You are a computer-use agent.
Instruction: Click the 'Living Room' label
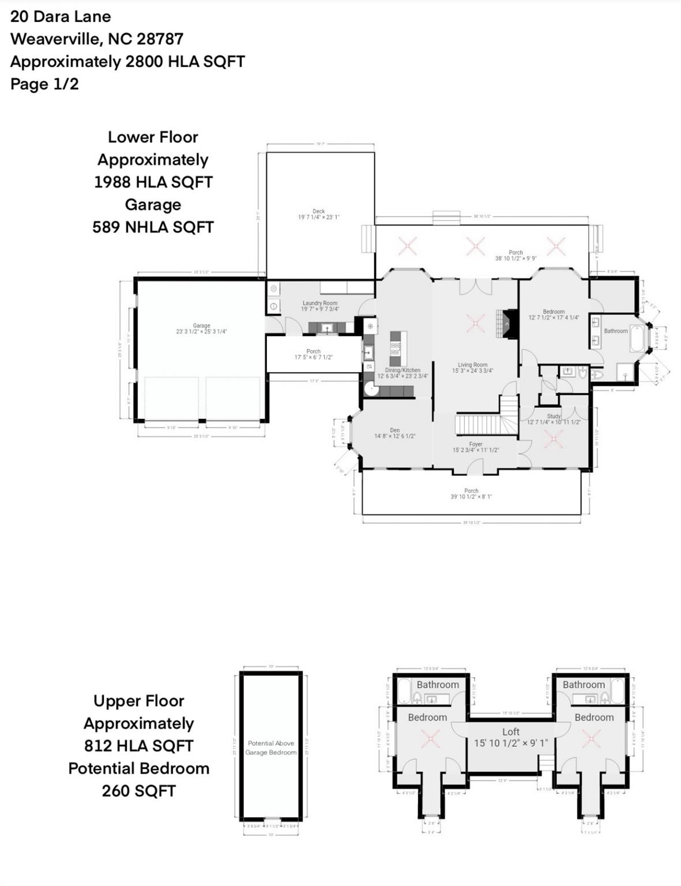click(x=472, y=365)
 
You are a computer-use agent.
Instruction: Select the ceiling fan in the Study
click(x=553, y=440)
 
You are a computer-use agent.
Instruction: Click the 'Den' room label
click(x=394, y=430)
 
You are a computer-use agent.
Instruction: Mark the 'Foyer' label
click(x=475, y=444)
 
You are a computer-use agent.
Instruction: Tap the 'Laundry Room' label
click(x=320, y=303)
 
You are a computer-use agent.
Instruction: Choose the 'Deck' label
click(x=319, y=211)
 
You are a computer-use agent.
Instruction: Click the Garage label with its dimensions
click(x=201, y=329)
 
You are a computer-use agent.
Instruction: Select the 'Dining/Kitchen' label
click(x=402, y=370)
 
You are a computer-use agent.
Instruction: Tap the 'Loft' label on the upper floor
click(x=510, y=731)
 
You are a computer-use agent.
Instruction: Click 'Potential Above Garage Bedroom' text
click(x=271, y=748)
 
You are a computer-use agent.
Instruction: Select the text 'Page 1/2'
click(x=44, y=84)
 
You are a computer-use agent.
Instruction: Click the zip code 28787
click(x=160, y=39)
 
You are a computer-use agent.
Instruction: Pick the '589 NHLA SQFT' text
click(x=153, y=227)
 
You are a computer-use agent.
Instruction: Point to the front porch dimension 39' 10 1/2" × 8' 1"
click(x=471, y=497)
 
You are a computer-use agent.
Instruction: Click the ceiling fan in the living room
click(x=475, y=322)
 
